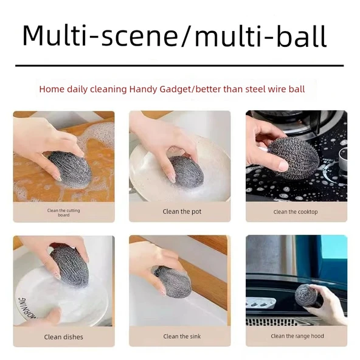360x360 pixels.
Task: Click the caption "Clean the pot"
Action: tap(182, 212)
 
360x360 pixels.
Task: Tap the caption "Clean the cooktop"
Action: tap(296, 212)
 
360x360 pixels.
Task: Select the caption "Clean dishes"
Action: tap(64, 337)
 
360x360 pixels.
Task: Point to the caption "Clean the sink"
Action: tap(182, 336)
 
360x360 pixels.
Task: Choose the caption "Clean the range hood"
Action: tap(297, 336)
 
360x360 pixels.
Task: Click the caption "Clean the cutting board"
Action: tap(64, 213)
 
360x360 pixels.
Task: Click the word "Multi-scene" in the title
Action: tap(100, 36)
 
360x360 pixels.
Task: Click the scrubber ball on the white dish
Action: tap(69, 266)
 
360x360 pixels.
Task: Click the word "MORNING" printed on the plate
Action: tap(27, 308)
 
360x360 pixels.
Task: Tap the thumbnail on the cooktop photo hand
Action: tap(283, 165)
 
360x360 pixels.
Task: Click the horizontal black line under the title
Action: tap(179, 66)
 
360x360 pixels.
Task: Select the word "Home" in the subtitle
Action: tap(52, 89)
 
